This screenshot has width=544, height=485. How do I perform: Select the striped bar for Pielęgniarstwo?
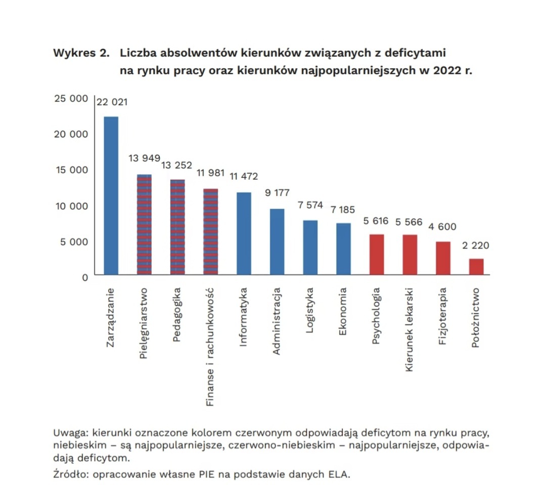[144, 225]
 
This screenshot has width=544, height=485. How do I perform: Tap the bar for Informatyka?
[244, 234]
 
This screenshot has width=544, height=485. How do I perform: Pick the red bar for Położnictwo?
[476, 267]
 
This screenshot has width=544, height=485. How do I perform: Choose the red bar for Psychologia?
[377, 255]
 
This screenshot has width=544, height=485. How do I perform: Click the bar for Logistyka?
[310, 248]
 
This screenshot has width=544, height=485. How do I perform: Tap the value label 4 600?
[443, 227]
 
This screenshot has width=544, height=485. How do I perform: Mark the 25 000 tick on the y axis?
[71, 98]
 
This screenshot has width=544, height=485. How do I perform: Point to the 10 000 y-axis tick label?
[71, 206]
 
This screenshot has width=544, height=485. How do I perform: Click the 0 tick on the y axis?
[84, 277]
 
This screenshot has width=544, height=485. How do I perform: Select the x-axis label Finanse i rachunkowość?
[211, 347]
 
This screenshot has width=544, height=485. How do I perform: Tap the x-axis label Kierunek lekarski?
[410, 330]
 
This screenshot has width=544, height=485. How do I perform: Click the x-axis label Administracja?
[277, 321]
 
